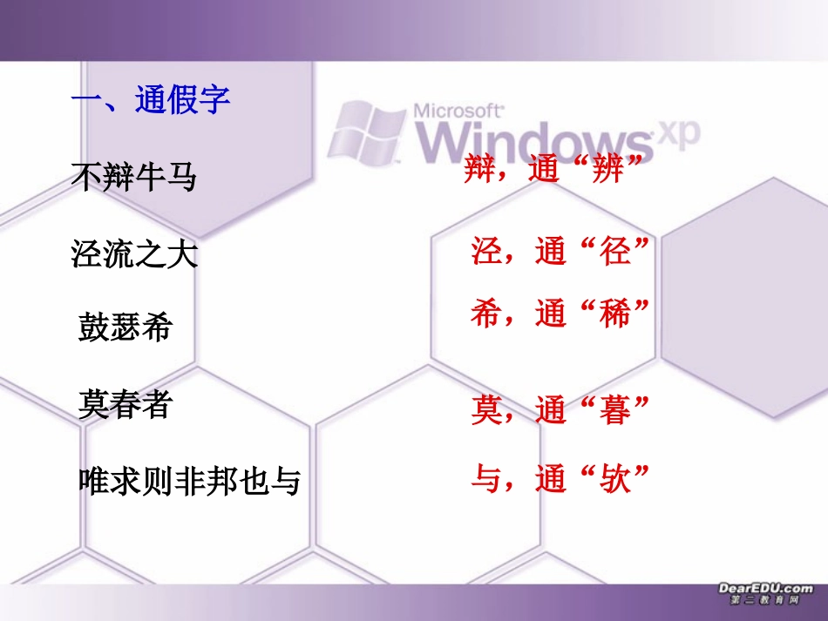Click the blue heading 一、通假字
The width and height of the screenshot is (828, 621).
[150, 101]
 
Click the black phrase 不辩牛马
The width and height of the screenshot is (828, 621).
[133, 179]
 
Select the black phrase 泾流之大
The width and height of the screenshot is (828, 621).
[134, 254]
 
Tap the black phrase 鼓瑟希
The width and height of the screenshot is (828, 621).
[126, 327]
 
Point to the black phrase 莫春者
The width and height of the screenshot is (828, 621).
[125, 404]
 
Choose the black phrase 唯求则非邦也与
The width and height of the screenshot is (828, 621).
[189, 480]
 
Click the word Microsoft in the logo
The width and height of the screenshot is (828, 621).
[458, 111]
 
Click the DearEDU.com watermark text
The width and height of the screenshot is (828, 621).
[765, 589]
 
